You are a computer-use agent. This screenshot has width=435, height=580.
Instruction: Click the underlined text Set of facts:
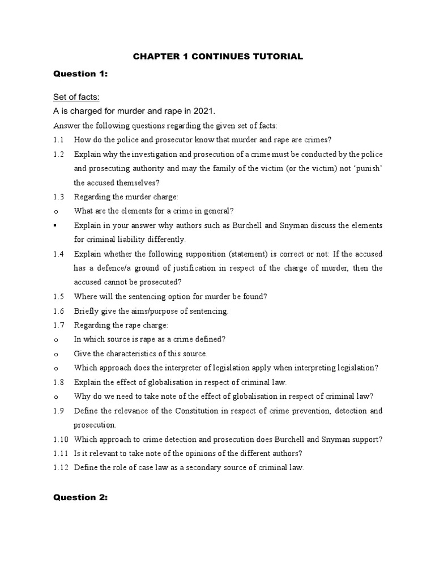pyautogui.click(x=76, y=97)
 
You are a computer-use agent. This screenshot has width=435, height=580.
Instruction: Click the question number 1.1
pyautogui.click(x=58, y=139)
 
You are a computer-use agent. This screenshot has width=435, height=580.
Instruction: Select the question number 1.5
pyautogui.click(x=58, y=296)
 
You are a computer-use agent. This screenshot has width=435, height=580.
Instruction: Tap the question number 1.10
pyautogui.click(x=60, y=439)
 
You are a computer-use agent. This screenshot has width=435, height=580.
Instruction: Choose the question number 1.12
pyautogui.click(x=60, y=467)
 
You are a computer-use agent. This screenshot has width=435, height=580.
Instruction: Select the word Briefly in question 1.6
pyautogui.click(x=87, y=311)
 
